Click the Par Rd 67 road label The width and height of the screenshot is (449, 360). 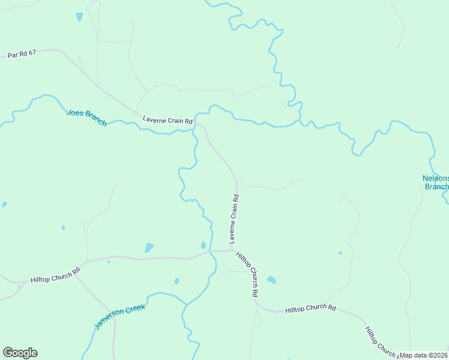[22, 54]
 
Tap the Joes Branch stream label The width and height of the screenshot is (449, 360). [86, 118]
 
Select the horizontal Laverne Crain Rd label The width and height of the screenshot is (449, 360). [167, 120]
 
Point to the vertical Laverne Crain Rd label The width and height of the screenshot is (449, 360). [234, 218]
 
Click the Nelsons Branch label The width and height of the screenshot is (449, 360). [436, 182]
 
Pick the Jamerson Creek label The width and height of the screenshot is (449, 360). [120, 317]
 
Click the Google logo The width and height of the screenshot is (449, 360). [20, 353]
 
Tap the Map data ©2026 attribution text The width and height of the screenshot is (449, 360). [424, 355]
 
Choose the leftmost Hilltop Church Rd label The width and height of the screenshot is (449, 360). [55, 276]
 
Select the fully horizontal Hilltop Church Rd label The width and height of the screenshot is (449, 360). [310, 308]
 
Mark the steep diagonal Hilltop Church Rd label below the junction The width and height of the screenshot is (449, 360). [247, 275]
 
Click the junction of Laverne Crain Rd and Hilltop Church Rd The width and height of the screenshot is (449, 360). [232, 250]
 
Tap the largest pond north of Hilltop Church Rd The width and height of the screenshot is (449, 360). [149, 248]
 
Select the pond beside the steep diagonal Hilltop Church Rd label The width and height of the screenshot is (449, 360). [271, 280]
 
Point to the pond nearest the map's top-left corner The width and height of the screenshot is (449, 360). [79, 17]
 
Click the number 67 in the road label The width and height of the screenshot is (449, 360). [32, 53]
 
